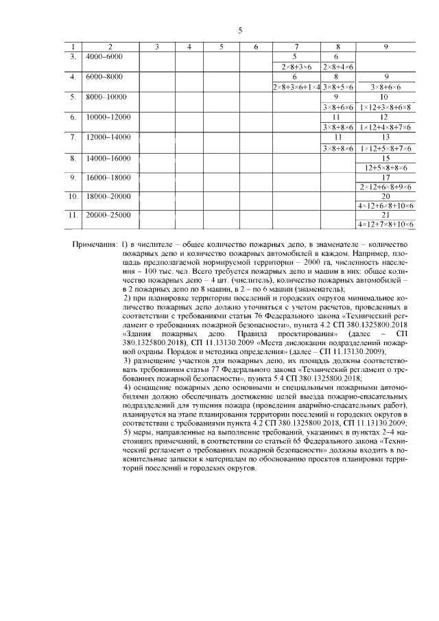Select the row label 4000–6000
105,56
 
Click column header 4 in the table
190,46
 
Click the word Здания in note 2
139,327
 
